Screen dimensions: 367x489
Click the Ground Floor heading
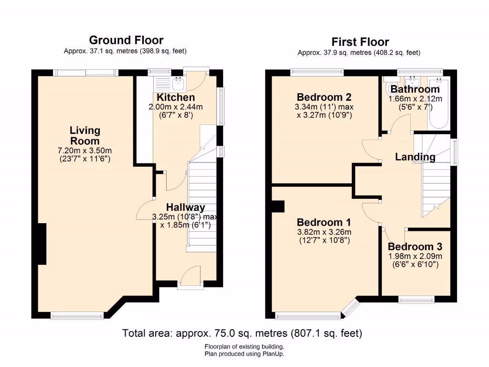click(x=126, y=40)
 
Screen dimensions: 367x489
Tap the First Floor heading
click(x=360, y=42)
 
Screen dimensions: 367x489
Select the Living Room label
click(x=85, y=135)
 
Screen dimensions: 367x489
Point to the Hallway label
click(x=185, y=207)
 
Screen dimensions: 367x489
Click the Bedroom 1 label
click(x=324, y=222)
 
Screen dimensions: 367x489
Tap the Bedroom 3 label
click(x=415, y=247)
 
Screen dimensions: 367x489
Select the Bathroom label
click(x=415, y=89)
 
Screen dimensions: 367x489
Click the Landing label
click(x=415, y=157)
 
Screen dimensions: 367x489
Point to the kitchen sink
click(x=178, y=84)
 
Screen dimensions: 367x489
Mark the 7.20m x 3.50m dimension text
click(x=85, y=151)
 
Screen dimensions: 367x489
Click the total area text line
click(x=242, y=333)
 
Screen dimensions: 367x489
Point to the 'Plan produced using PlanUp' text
click(x=244, y=354)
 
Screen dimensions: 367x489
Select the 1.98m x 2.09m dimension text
click(x=415, y=257)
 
